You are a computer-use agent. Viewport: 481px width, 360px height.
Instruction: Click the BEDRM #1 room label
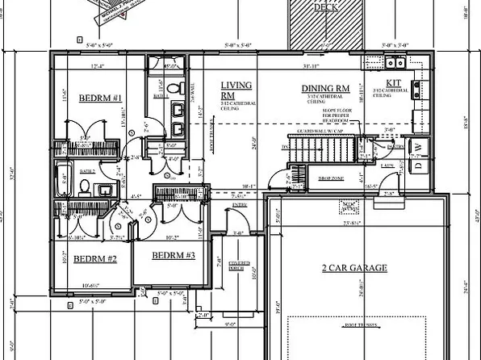[100, 98]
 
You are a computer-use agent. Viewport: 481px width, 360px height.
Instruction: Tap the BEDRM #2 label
[95, 259]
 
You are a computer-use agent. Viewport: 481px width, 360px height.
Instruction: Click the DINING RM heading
[325, 89]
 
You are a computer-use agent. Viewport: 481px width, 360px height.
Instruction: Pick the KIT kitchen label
[394, 83]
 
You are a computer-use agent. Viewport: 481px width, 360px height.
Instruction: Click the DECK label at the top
[324, 7]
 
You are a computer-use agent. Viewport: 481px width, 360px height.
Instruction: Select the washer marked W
[417, 149]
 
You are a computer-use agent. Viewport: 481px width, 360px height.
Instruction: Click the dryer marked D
[417, 166]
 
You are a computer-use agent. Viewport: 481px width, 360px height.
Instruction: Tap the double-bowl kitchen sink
[395, 62]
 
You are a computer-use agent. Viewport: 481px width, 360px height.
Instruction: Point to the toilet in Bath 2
[83, 186]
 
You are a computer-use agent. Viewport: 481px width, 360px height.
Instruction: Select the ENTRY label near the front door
[239, 206]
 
